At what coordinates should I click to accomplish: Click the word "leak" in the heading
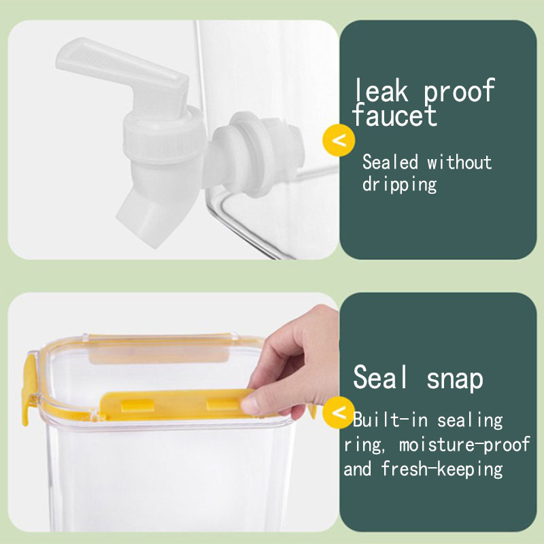(380, 90)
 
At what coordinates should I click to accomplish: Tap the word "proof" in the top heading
(458, 91)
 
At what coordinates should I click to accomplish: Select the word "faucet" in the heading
(394, 114)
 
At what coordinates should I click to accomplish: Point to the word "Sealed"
(390, 162)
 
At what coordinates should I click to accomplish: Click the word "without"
(459, 162)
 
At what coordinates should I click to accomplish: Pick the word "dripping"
(399, 184)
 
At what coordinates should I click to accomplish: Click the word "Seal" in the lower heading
(379, 377)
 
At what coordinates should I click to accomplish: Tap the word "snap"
(454, 379)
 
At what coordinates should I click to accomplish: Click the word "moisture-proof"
(464, 445)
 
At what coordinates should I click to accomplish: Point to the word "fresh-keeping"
(441, 469)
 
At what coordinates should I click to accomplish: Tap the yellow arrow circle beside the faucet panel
(339, 140)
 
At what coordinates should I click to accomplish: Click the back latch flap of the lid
(160, 350)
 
